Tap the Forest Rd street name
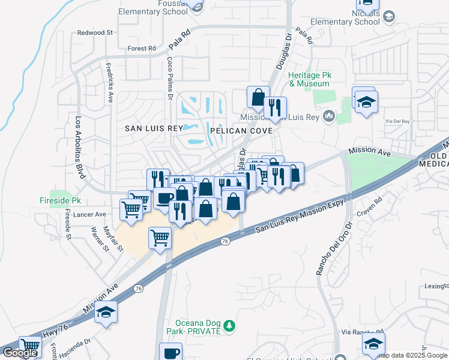142,49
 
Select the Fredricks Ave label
109,83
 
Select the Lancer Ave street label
92,214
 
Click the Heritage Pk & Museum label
310,80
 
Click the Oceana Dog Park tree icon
228,326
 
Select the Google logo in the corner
20,353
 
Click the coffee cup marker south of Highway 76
170,352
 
